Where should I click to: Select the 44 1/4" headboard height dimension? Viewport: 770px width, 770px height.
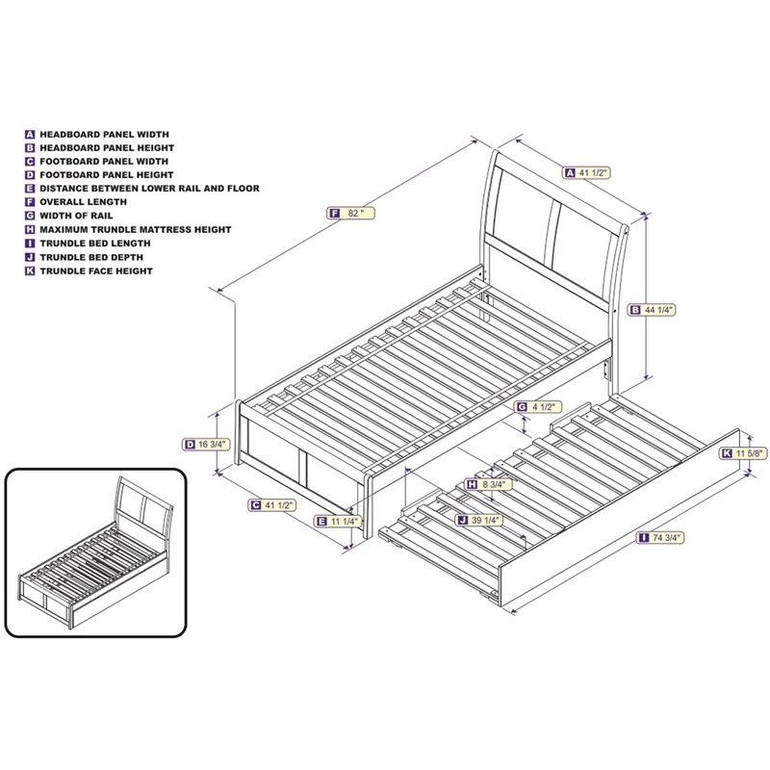coord(654,310)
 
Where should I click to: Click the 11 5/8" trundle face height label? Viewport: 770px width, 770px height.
coord(744,452)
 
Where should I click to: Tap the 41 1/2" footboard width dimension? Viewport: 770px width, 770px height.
coord(275,504)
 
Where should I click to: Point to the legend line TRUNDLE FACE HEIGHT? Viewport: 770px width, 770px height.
coord(97,271)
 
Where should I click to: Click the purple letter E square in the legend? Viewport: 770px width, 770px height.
coord(31,190)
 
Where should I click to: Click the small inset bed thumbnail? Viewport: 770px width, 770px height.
coord(94,552)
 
